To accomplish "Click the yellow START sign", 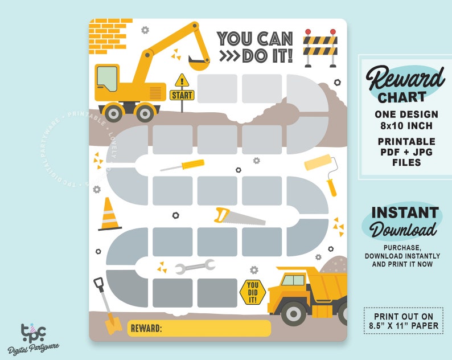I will [182, 95].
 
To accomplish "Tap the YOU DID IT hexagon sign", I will [253, 291].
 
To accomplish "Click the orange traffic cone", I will [109, 215].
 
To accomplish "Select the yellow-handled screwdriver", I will [183, 166].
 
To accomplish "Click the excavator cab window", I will [106, 78].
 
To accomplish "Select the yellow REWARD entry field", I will [199, 329].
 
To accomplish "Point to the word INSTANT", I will [405, 213].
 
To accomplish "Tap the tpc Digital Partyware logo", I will [33, 337].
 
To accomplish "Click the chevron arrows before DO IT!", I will [229, 56].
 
